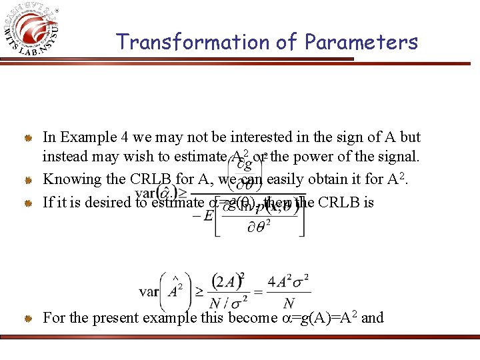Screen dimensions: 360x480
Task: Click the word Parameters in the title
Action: click(361, 42)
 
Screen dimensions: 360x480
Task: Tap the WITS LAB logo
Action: click(35, 31)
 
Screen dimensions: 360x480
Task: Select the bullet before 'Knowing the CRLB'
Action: click(29, 180)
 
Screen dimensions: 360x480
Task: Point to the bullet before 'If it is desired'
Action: click(29, 202)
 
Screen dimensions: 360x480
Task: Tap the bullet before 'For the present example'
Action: click(29, 319)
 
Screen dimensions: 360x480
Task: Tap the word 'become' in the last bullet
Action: click(251, 317)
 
